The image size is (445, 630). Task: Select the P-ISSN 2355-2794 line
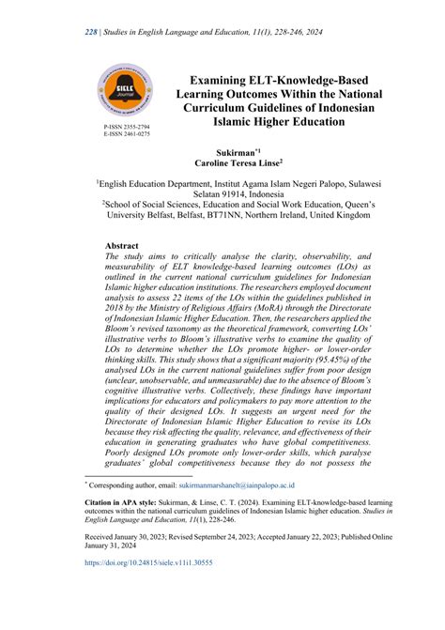click(126, 126)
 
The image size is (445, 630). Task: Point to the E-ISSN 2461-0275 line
click(126, 134)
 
